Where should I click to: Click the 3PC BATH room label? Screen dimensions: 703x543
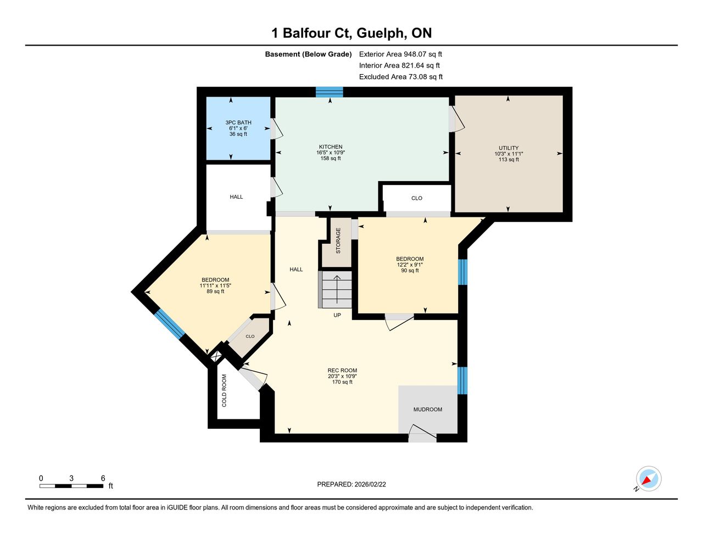238,122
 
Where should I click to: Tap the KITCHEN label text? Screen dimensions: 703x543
330,147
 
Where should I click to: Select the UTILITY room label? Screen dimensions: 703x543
509,148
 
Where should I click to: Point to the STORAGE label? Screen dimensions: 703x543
338,240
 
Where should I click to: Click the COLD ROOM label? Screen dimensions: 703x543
224,390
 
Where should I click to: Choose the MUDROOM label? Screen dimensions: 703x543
427,410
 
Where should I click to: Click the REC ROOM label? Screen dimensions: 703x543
342,370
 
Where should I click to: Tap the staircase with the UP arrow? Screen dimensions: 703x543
335,289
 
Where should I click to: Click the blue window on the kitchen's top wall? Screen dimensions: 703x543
329,92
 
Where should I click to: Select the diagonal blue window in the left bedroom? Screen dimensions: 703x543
169,324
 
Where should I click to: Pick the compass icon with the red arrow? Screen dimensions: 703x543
648,479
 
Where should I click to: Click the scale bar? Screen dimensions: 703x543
71,486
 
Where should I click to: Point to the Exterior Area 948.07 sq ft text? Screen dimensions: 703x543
400,54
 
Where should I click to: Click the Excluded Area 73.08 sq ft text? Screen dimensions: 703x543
400,77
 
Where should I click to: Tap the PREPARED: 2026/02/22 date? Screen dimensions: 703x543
351,484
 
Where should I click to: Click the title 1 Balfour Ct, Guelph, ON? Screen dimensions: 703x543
351,33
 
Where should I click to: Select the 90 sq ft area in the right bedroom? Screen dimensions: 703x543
410,270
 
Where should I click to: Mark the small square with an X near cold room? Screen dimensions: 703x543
216,357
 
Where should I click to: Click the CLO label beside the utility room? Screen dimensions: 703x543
417,198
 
